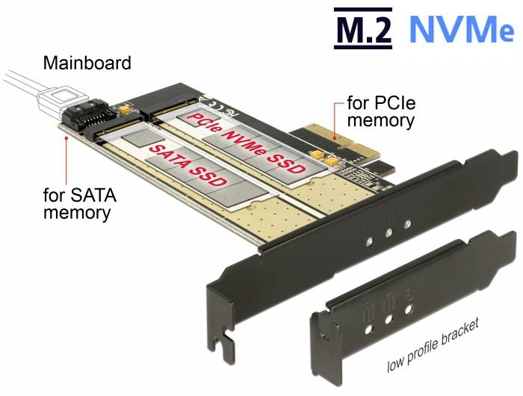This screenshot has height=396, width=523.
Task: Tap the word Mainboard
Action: tap(87, 63)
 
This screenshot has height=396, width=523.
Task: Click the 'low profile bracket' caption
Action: tap(433, 345)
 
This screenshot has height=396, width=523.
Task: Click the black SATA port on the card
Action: tap(87, 117)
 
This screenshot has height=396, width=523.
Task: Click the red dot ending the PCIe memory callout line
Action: tap(339, 137)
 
